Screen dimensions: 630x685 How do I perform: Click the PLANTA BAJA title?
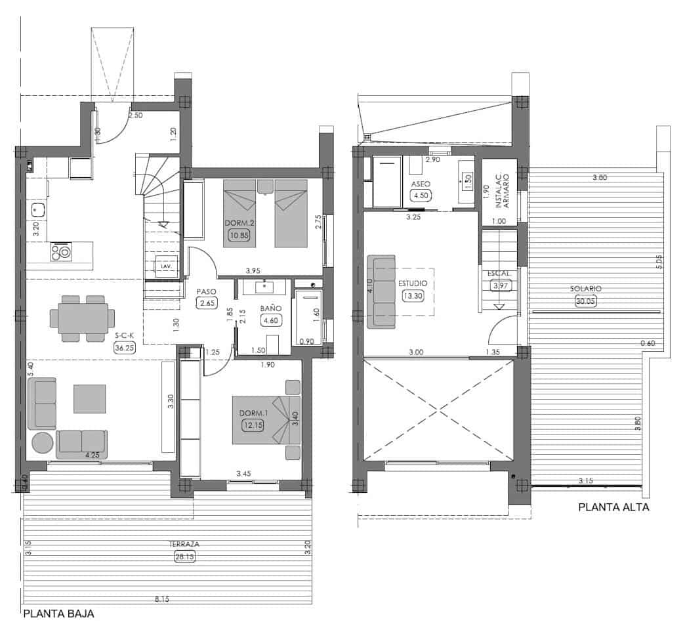click(x=58, y=615)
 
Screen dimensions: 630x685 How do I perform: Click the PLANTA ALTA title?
click(x=613, y=507)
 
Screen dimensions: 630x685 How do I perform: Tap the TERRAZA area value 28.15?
click(x=184, y=556)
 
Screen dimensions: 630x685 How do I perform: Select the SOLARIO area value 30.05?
click(x=585, y=301)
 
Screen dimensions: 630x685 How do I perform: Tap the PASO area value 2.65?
click(x=207, y=303)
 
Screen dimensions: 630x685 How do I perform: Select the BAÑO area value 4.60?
click(x=270, y=320)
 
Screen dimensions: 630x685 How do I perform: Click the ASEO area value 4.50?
click(x=421, y=195)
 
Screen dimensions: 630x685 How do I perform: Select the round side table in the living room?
click(x=41, y=443)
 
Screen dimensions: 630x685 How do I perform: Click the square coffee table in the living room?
click(x=89, y=398)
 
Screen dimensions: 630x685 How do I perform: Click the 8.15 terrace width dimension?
click(x=159, y=598)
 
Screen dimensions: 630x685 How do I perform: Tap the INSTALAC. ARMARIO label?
click(x=499, y=195)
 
